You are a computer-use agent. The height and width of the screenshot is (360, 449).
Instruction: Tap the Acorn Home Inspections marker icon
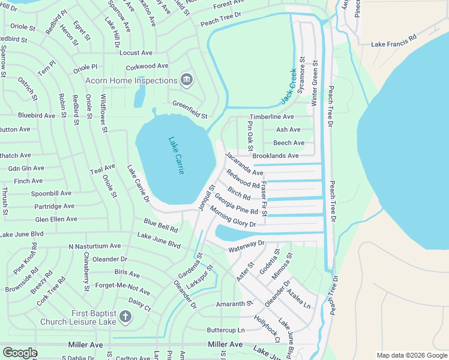(187, 80)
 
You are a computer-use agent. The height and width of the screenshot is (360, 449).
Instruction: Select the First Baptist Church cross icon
(125, 317)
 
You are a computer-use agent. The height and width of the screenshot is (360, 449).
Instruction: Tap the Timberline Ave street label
(272, 116)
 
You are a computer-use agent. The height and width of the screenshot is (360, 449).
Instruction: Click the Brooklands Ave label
(276, 156)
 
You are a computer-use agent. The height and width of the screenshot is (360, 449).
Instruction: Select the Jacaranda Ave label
(244, 164)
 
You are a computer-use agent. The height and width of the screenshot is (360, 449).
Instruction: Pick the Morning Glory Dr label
(232, 217)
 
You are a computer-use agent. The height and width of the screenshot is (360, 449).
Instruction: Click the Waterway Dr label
(246, 246)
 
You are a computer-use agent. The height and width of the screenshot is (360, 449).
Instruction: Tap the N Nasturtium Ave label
(94, 246)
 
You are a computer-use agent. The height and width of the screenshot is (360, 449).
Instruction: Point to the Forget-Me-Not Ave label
(122, 287)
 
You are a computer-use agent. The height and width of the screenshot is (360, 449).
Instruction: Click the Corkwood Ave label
(144, 66)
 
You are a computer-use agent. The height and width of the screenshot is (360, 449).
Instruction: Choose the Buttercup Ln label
(226, 330)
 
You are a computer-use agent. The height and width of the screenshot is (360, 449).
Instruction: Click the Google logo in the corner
(20, 353)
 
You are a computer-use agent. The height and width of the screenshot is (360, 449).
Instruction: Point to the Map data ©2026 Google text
(411, 355)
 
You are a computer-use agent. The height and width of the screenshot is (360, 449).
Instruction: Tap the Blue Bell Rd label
(161, 226)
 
